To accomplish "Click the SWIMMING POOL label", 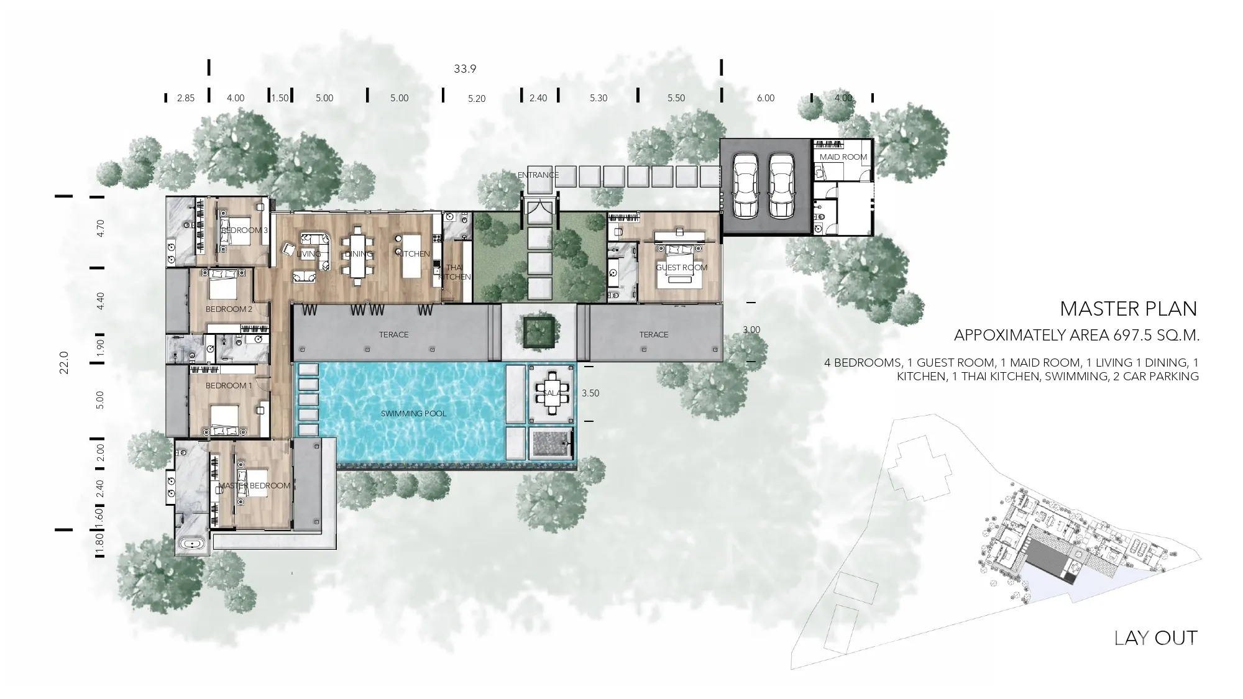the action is (x=413, y=413).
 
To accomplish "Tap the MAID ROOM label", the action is (x=843, y=157).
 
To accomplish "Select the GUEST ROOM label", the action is (x=682, y=268).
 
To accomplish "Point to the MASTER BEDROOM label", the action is (x=254, y=485).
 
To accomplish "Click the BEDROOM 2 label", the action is (x=229, y=309).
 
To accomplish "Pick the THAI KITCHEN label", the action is (x=454, y=272).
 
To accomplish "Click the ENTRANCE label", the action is (x=538, y=175).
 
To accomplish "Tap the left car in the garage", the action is (x=745, y=186).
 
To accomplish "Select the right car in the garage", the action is (x=781, y=186).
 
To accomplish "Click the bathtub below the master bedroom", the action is (x=193, y=545).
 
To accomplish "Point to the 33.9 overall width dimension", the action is (x=465, y=68).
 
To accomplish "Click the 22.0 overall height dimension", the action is (x=63, y=362).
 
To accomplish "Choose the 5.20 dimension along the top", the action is (x=477, y=98).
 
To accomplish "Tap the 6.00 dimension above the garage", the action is (x=766, y=98).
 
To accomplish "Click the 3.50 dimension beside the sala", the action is (x=590, y=393).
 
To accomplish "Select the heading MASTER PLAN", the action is (x=1129, y=308).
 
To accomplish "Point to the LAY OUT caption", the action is (x=1156, y=638).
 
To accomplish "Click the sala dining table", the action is (x=552, y=393).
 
